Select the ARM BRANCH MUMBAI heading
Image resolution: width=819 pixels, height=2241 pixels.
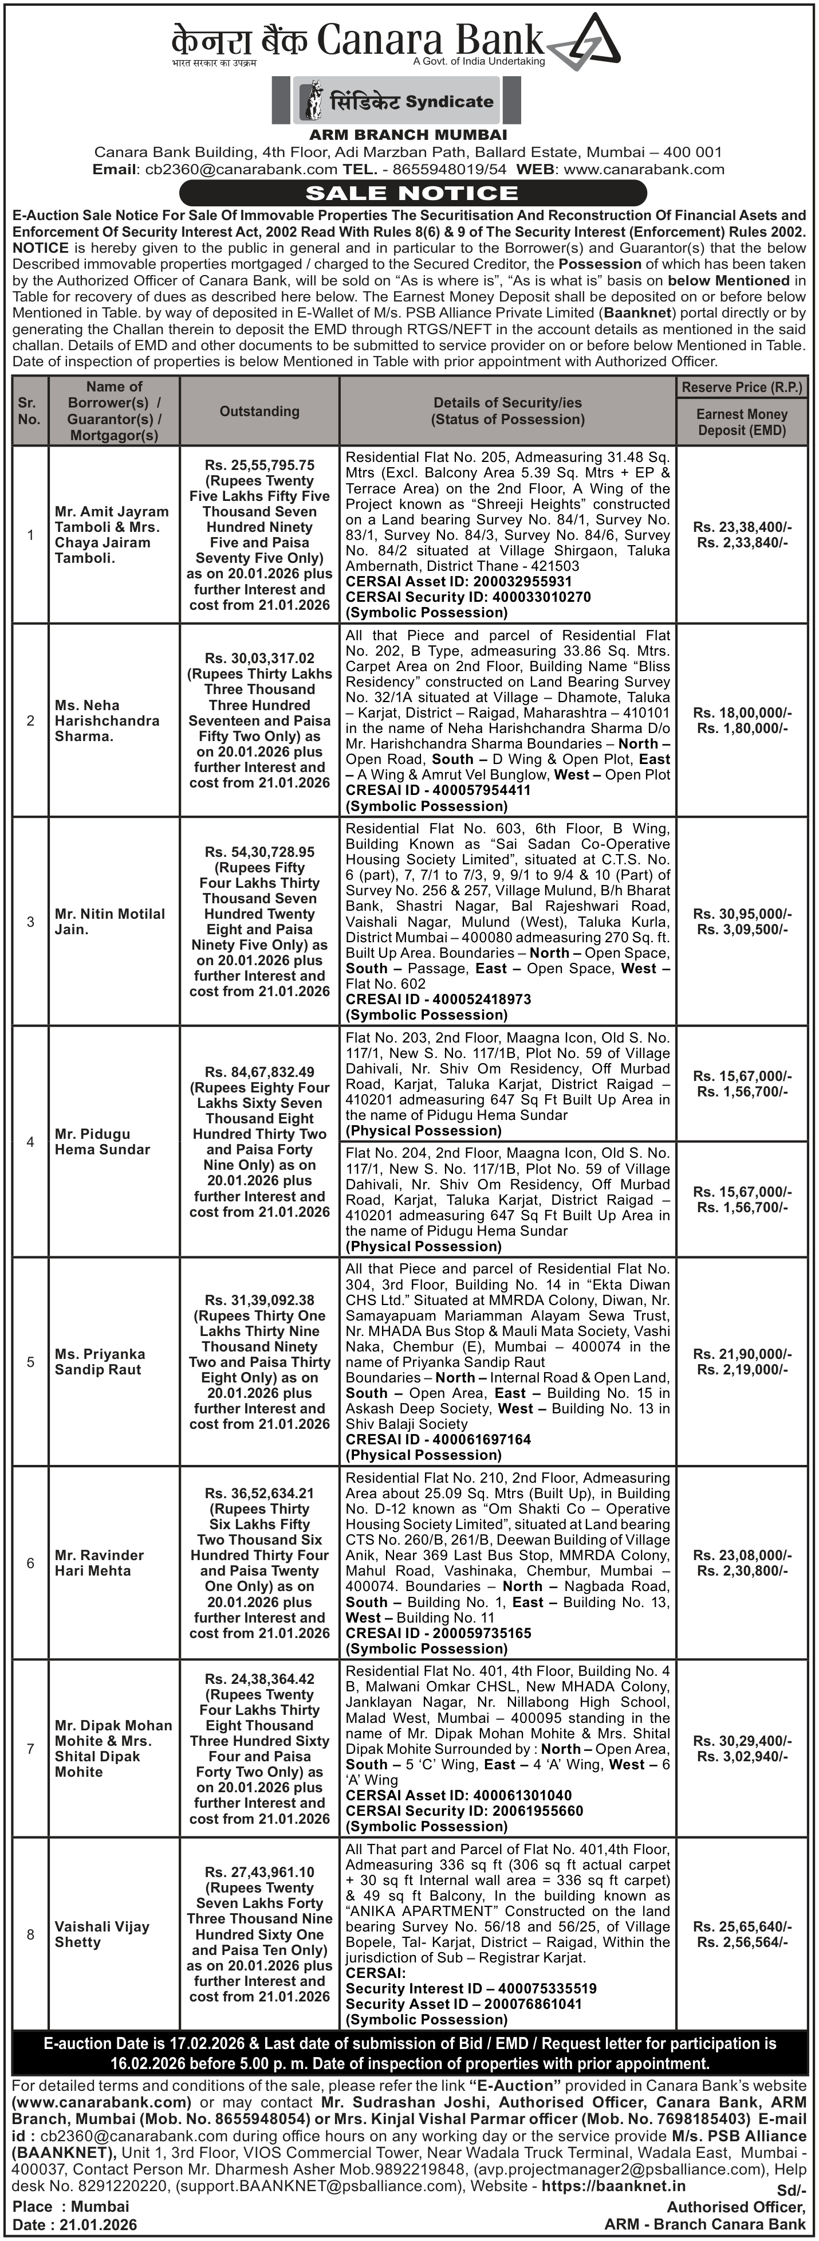coord(408,135)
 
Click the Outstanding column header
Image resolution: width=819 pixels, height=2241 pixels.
coord(259,412)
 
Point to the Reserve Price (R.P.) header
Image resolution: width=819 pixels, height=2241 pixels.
coord(742,387)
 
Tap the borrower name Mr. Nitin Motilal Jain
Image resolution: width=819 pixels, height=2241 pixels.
coord(109,921)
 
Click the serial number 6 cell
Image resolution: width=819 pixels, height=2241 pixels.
coord(30,1564)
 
